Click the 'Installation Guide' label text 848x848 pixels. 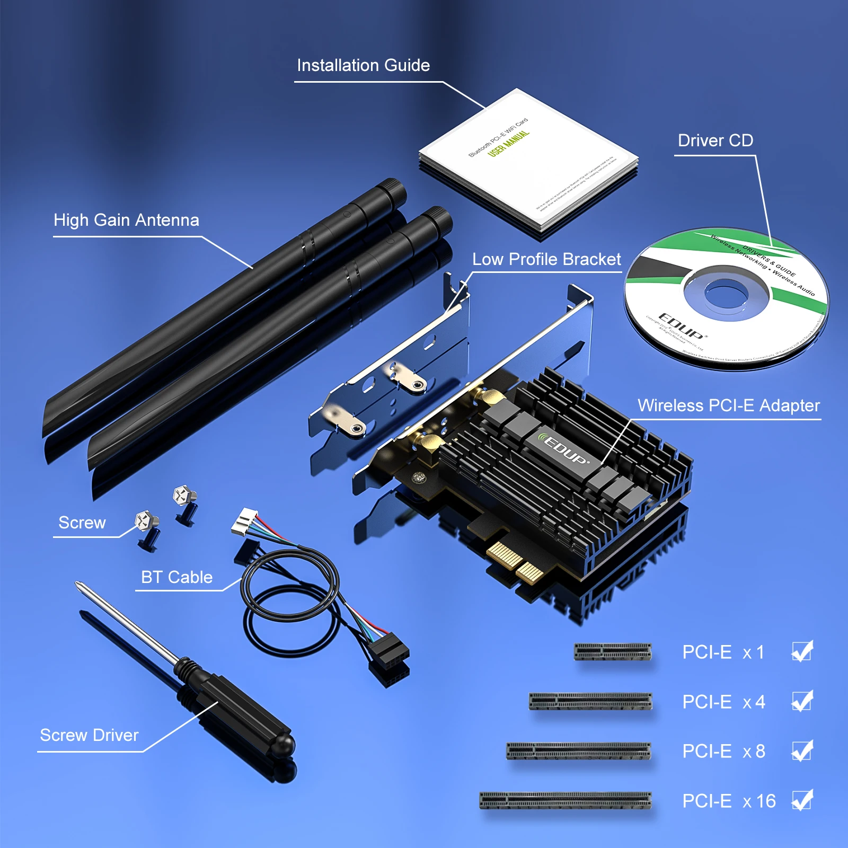click(x=363, y=65)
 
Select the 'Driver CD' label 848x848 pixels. click(x=715, y=140)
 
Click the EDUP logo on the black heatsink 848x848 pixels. click(x=564, y=450)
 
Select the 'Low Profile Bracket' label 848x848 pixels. click(x=546, y=259)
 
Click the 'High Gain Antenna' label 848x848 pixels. click(x=126, y=220)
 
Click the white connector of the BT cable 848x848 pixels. click(x=244, y=522)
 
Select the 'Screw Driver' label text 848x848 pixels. click(x=89, y=735)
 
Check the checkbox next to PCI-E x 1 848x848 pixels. click(x=802, y=652)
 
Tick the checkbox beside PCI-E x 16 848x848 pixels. click(x=802, y=801)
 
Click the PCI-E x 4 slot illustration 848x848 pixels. click(x=590, y=701)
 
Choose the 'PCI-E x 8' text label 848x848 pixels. click(x=723, y=751)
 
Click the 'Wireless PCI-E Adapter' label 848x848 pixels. click(x=728, y=405)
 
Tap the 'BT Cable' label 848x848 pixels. click(x=176, y=577)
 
